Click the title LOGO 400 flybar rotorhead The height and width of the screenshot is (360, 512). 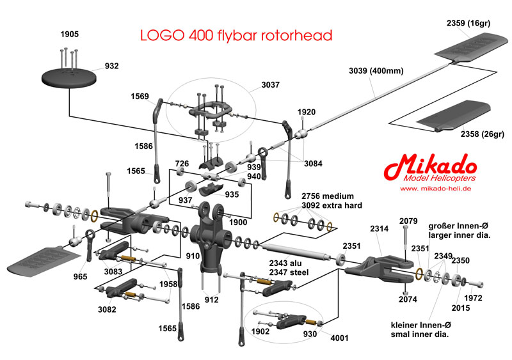click(x=236, y=35)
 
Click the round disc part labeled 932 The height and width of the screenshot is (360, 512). click(x=70, y=77)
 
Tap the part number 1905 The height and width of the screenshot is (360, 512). click(x=70, y=33)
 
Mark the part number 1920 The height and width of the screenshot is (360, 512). click(x=307, y=113)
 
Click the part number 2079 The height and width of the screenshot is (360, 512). click(x=408, y=221)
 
